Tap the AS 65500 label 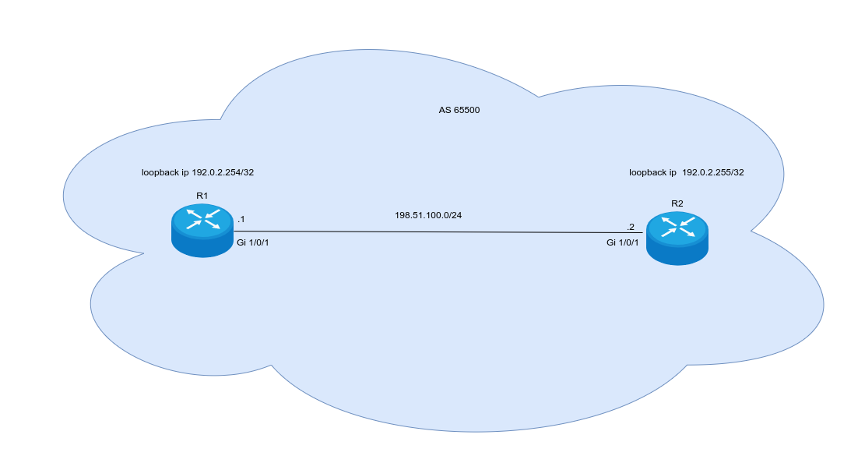tap(459, 110)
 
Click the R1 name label tap(202, 195)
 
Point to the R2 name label tap(677, 203)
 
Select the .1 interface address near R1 tap(241, 220)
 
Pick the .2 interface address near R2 tap(631, 227)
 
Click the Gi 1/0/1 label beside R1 tap(258, 243)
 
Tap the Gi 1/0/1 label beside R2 tap(623, 242)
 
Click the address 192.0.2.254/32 tap(223, 172)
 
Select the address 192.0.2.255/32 tap(713, 172)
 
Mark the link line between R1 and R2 tap(436, 231)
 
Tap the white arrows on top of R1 tap(202, 219)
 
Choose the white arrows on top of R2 tap(677, 227)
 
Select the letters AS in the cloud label tap(445, 110)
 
